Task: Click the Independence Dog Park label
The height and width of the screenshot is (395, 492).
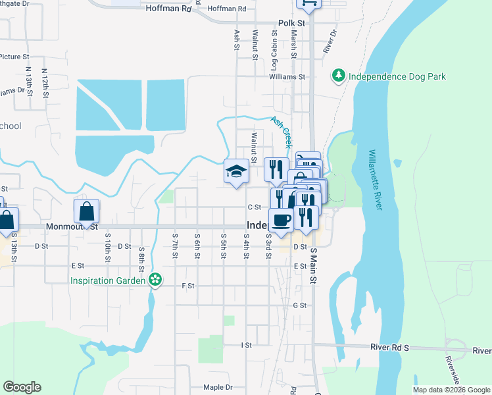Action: [397, 76]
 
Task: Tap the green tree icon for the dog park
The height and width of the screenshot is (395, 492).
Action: [339, 76]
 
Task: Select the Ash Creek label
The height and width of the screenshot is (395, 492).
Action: [281, 131]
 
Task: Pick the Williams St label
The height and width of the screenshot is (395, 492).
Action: [287, 76]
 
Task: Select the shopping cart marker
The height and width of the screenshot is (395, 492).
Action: [308, 3]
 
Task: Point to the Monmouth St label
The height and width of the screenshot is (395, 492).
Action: [72, 226]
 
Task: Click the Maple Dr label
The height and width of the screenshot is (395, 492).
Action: [218, 388]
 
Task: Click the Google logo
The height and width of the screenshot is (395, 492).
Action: [22, 387]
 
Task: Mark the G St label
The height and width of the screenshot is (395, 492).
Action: [300, 305]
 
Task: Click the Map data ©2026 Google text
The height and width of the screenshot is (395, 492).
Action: [451, 390]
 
